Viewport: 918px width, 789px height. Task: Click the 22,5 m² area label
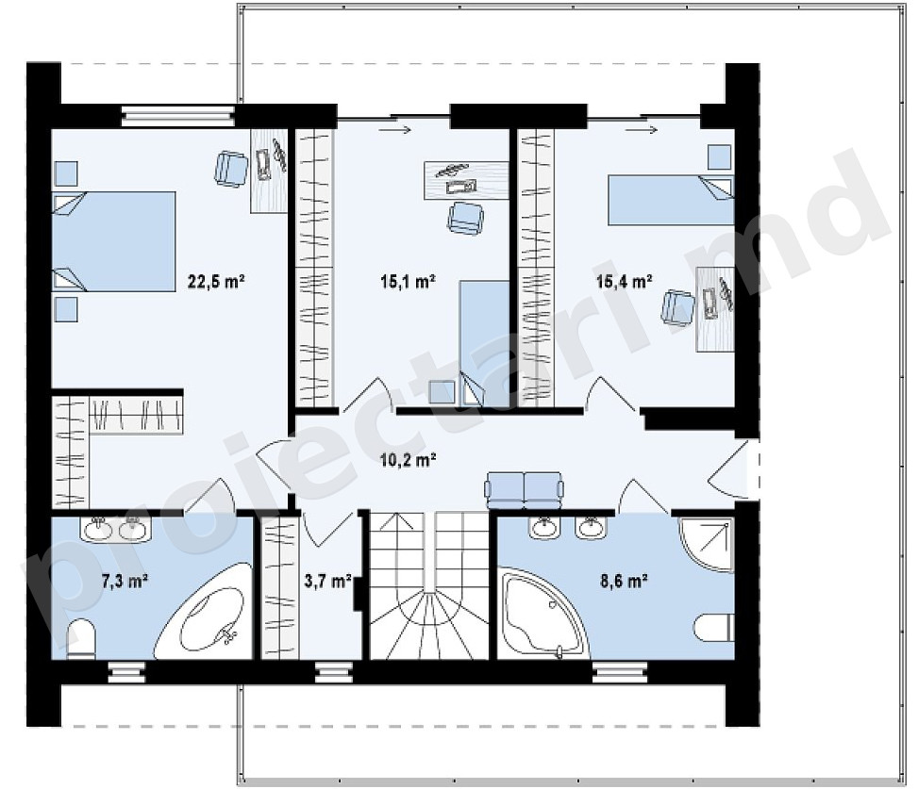pyautogui.click(x=215, y=281)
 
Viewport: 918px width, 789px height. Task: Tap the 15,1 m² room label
pyautogui.click(x=409, y=281)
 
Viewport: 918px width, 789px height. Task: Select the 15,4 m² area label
pyautogui.click(x=624, y=281)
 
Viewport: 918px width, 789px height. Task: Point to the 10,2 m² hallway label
pyautogui.click(x=409, y=460)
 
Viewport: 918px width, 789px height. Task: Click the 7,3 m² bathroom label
pyautogui.click(x=125, y=582)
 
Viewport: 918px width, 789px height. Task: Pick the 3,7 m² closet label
pyautogui.click(x=327, y=582)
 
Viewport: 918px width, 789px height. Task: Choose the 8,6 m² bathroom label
pyautogui.click(x=624, y=582)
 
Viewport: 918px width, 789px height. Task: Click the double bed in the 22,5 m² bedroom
pyautogui.click(x=114, y=241)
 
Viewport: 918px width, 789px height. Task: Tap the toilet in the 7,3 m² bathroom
pyautogui.click(x=81, y=639)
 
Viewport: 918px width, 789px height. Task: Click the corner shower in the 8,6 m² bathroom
pyautogui.click(x=706, y=544)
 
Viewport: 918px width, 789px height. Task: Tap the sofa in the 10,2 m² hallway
pyautogui.click(x=523, y=490)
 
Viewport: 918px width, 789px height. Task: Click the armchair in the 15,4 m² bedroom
pyautogui.click(x=676, y=307)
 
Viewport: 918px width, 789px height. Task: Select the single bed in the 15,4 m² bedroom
pyautogui.click(x=671, y=200)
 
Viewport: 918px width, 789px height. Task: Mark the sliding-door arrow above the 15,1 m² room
pyautogui.click(x=395, y=130)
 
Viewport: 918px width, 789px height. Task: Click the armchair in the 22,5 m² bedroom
pyautogui.click(x=231, y=169)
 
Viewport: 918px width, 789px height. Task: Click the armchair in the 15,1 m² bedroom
pyautogui.click(x=466, y=218)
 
